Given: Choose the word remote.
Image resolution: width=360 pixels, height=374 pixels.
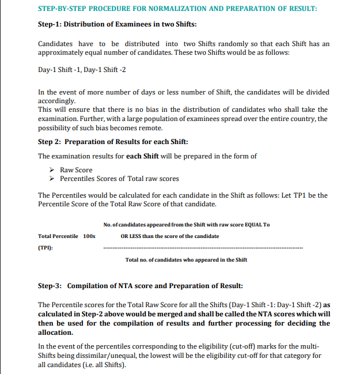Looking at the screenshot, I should click(150, 128).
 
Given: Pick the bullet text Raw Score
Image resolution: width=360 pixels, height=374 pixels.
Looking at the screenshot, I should click(76, 170).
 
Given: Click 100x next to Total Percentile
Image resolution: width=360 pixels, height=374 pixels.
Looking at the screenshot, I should click(89, 236).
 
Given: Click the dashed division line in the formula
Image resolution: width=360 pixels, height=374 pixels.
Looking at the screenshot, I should click(202, 248).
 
